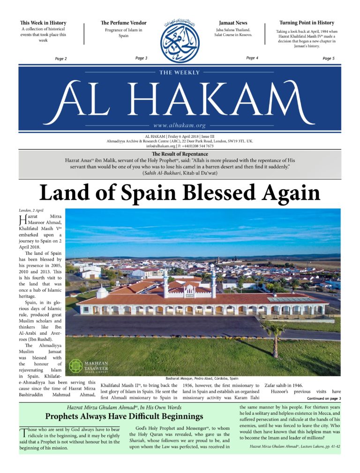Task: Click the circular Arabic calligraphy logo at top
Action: [180, 39]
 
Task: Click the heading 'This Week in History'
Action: [43, 22]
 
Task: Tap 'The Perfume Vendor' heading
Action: [123, 22]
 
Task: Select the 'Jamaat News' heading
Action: [233, 22]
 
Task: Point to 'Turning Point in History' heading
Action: [307, 22]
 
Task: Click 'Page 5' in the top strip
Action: [329, 59]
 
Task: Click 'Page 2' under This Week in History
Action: [61, 59]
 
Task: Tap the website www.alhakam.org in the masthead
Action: [180, 126]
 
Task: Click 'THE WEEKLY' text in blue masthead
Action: [180, 73]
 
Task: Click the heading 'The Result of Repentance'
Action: [180, 154]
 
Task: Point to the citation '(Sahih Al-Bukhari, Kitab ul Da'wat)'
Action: [180, 173]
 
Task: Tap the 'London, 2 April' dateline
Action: [31, 210]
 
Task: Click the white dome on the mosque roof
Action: [102, 292]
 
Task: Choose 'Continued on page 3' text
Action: [323, 398]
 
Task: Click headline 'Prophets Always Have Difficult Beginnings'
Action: [124, 416]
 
